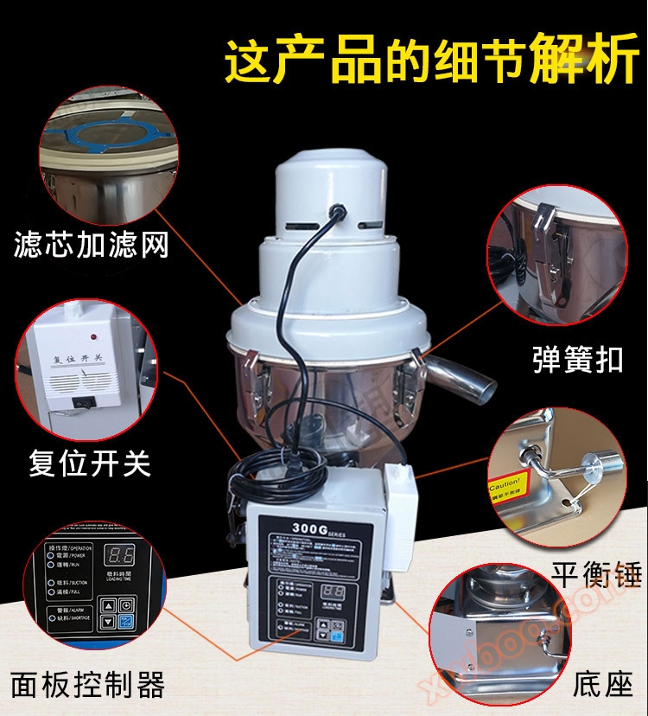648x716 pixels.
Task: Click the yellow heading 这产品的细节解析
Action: (432, 60)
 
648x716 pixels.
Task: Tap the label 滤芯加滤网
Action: (91, 245)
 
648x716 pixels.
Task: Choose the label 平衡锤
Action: (595, 574)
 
